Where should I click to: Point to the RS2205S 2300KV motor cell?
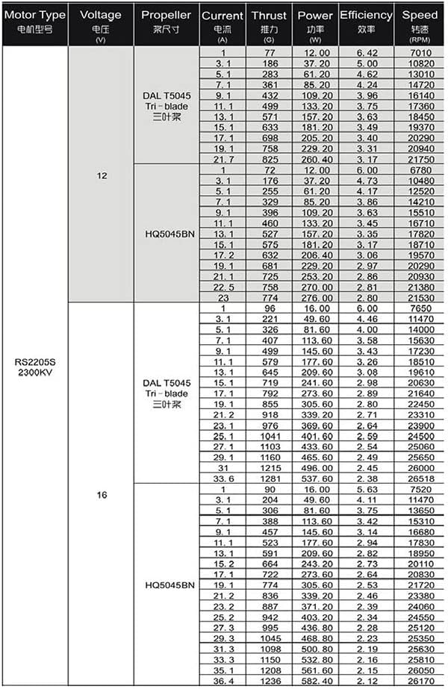[x=35, y=367]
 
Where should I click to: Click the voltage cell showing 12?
[x=102, y=176]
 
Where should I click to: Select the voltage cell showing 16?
[x=102, y=494]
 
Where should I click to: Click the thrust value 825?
[x=267, y=160]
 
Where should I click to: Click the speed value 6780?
[x=420, y=170]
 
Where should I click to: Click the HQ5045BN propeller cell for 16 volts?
[x=167, y=585]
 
